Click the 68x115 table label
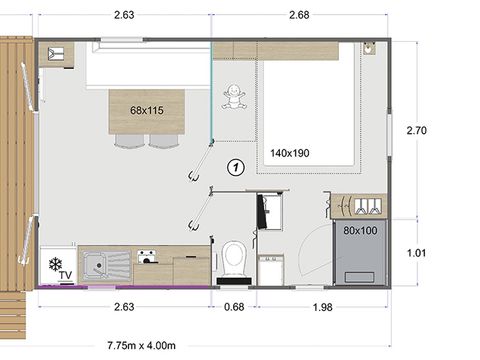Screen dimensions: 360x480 pos(147,110)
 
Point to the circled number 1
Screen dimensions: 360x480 pos(236,167)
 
